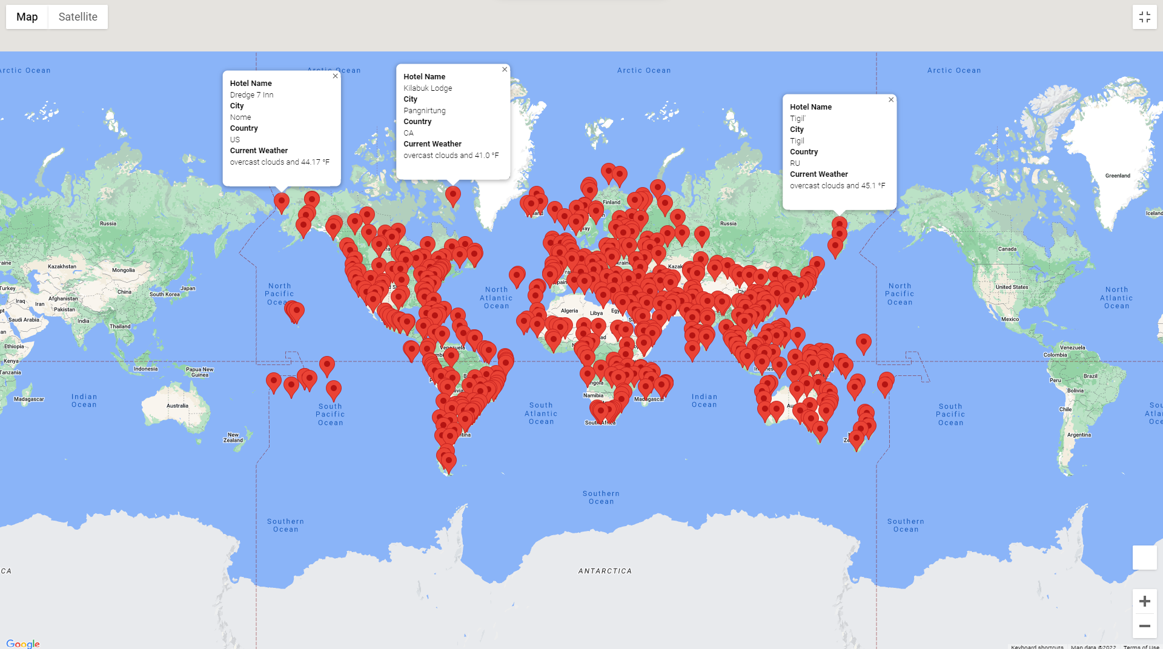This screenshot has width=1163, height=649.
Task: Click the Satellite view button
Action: [78, 17]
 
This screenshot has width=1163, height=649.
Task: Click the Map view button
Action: [27, 17]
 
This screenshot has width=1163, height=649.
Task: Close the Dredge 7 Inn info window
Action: [335, 76]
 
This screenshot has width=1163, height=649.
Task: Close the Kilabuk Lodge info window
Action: [505, 70]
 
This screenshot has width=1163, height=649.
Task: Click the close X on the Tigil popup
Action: [891, 100]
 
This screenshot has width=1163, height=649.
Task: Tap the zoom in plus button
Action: [1144, 601]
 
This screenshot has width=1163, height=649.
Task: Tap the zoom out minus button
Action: [1144, 626]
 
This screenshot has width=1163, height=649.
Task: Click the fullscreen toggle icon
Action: [1144, 17]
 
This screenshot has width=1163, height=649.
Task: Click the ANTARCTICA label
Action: [605, 571]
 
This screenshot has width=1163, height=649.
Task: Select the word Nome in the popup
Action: [240, 117]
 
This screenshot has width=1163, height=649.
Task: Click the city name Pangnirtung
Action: [424, 111]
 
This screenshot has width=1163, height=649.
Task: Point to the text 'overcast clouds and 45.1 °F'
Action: [837, 186]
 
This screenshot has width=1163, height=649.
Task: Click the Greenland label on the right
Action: [1118, 176]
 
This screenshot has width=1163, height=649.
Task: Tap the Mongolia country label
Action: [124, 270]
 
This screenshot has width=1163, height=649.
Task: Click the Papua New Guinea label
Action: [199, 372]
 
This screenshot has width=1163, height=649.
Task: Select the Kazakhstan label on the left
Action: [62, 266]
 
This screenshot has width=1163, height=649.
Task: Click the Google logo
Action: [23, 644]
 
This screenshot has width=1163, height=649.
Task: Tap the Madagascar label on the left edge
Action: [28, 399]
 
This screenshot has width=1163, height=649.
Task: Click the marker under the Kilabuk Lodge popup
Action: [452, 196]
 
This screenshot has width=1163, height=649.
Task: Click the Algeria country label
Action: [569, 311]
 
